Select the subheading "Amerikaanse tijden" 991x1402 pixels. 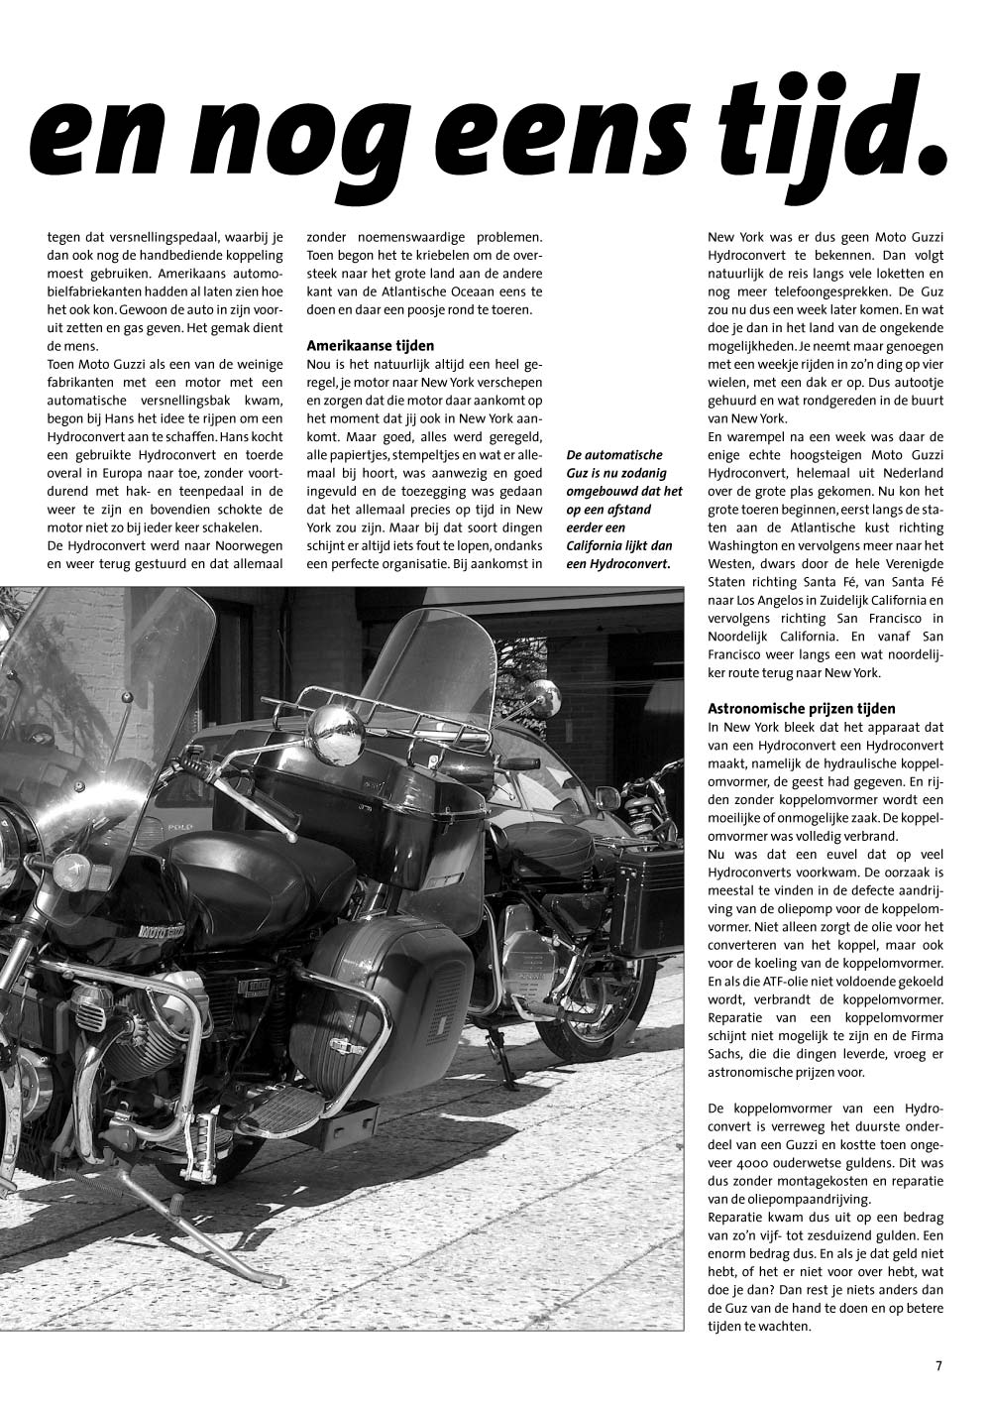tap(370, 347)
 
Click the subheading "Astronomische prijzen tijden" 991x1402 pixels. tap(801, 709)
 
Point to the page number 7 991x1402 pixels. tap(938, 1365)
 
